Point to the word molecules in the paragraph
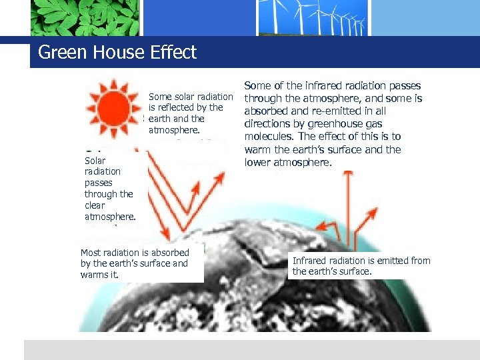[x=269, y=137]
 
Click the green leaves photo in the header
[x=85, y=17]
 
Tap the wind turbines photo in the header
[x=313, y=17]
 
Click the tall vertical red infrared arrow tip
[x=347, y=175]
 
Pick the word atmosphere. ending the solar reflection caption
[x=174, y=130]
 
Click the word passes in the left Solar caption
[x=99, y=183]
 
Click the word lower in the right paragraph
[x=257, y=162]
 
